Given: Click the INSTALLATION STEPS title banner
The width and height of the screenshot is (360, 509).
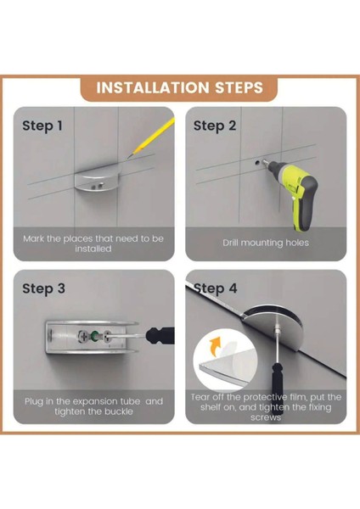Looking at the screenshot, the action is click(179, 87).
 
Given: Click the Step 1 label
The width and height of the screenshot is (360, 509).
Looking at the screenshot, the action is click(42, 126).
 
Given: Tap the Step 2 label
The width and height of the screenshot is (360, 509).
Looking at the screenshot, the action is click(215, 126).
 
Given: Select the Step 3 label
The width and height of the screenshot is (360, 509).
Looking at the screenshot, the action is click(43, 288).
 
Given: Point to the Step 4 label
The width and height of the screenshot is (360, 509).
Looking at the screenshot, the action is click(216, 288).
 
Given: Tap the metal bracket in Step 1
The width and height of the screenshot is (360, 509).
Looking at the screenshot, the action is click(97, 180).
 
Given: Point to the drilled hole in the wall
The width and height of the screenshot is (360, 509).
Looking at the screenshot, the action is click(257, 161).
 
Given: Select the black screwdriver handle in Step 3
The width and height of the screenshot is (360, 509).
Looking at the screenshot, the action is click(160, 336).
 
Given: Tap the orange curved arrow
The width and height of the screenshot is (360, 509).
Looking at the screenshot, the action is click(215, 347).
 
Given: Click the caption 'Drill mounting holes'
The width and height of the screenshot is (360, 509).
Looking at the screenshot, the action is click(266, 243).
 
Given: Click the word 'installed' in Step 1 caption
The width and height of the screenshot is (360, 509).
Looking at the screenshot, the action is click(93, 249).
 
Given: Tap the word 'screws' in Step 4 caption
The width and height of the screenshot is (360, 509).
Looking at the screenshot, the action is click(266, 417).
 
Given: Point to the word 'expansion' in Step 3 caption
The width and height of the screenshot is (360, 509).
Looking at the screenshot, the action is click(96, 402).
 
